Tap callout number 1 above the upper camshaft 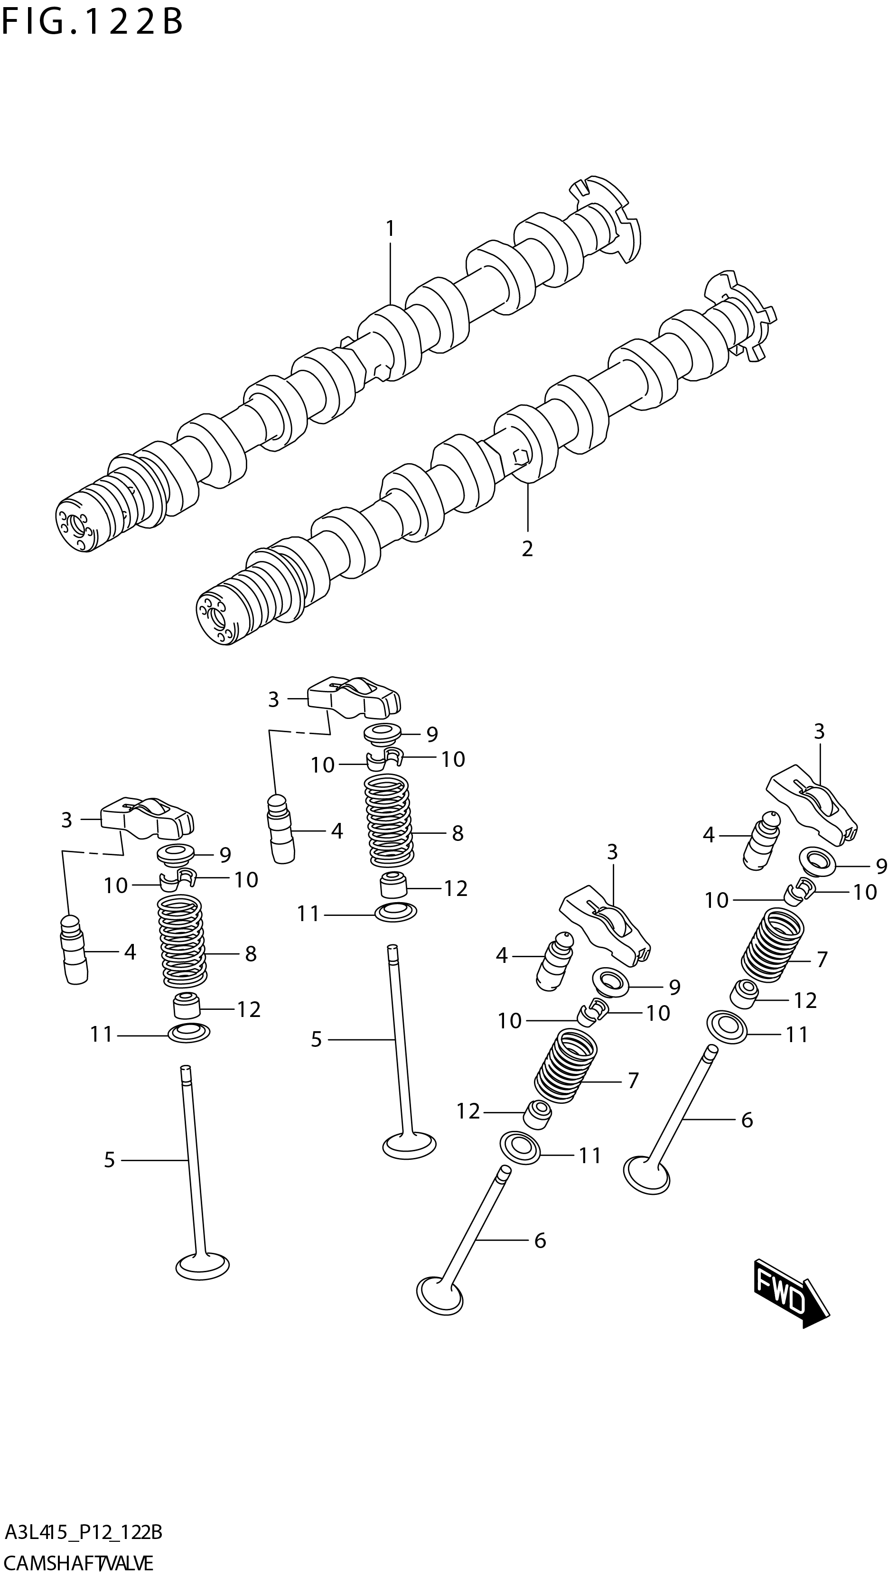390,229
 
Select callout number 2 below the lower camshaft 527,549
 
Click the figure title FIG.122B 92,23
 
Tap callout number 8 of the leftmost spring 250,954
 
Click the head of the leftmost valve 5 203,1265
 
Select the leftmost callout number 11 102,1035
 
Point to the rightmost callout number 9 881,866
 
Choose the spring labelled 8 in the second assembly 387,820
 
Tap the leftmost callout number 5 109,1159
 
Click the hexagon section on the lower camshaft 520,457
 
